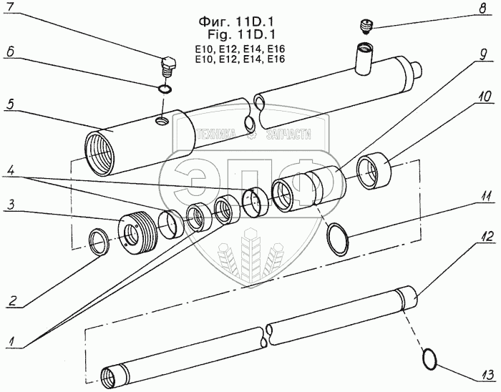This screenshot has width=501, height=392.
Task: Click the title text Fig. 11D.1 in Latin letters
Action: pyautogui.click(x=240, y=33)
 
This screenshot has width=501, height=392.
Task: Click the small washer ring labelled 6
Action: pyautogui.click(x=165, y=90)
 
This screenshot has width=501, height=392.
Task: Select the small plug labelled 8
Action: pyautogui.click(x=365, y=27)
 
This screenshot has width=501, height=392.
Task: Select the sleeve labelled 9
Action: pyautogui.click(x=322, y=183)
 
